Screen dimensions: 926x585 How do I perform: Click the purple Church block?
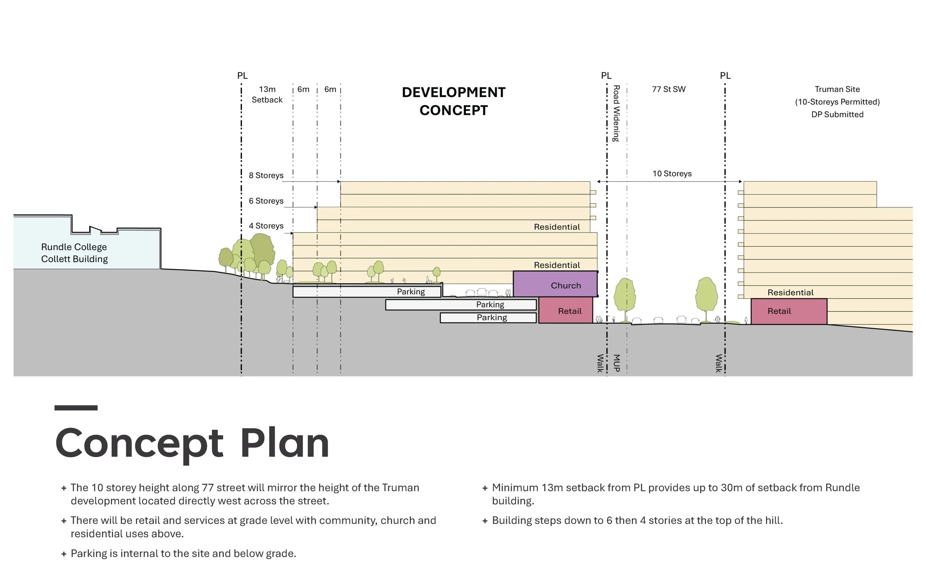coord(555,284)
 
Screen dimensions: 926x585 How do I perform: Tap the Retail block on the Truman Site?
coord(788,311)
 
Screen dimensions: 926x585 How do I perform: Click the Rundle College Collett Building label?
coord(74,253)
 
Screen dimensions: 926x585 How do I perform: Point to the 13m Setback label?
coord(267,94)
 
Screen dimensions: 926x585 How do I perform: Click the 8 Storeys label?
coord(266,175)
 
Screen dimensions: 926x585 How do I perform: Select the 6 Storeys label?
coord(266,201)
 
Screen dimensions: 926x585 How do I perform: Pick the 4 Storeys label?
coord(266,225)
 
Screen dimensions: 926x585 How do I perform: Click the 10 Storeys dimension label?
coord(672,173)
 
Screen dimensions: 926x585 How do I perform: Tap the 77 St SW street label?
coord(668,89)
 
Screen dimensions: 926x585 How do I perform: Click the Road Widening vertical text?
coord(616,113)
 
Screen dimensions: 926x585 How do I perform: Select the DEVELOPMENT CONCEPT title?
coord(453,101)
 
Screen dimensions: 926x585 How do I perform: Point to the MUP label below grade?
coord(616,363)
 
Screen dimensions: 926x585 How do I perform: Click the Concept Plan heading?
coord(192,443)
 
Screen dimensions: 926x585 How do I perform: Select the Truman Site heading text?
coord(837,89)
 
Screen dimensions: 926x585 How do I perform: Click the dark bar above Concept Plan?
coord(76,408)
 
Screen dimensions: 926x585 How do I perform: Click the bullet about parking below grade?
coord(183,554)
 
